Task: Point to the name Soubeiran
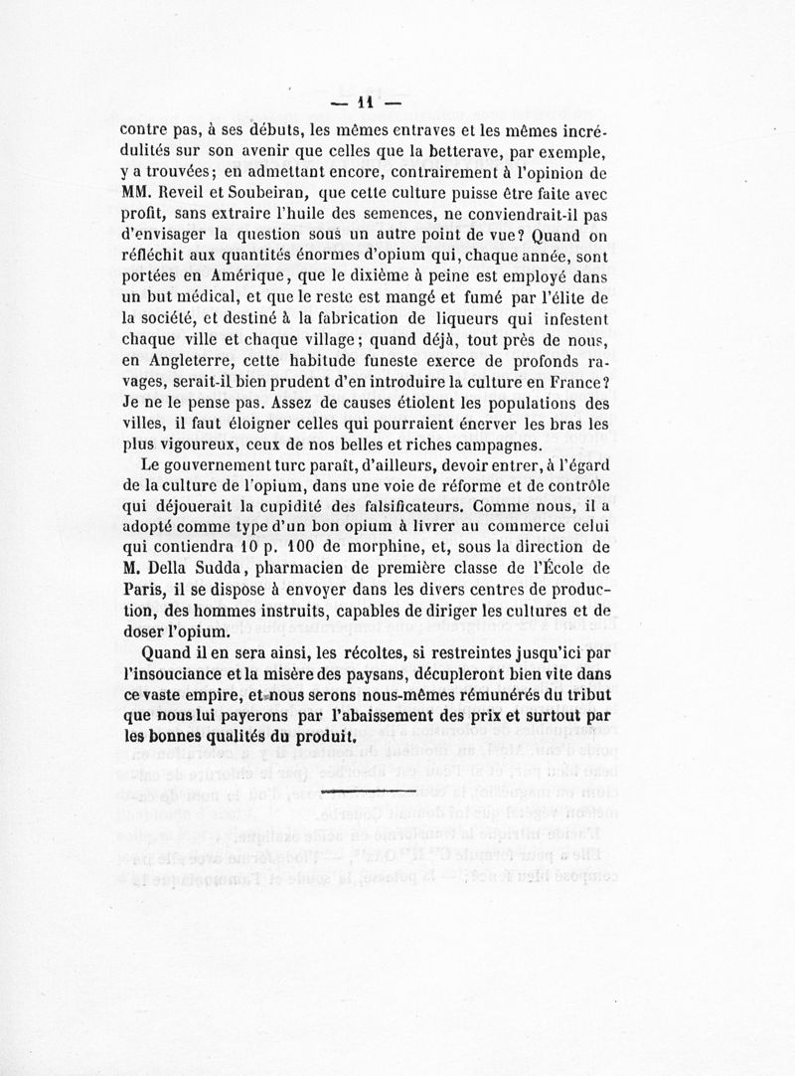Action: (287, 192)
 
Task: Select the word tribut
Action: (580, 696)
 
